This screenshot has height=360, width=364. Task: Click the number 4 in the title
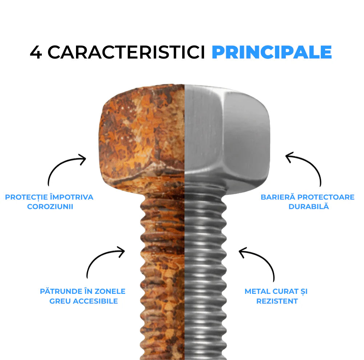tap(36, 52)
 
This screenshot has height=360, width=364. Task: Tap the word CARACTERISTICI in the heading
tap(126, 52)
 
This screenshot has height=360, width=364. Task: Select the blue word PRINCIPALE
tap(272, 52)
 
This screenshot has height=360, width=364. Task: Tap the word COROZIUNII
tap(50, 207)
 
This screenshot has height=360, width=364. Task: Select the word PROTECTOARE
tap(326, 197)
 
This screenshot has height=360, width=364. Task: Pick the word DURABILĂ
tap(308, 206)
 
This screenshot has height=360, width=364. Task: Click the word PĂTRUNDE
tap(59, 291)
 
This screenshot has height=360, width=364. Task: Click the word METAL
tap(257, 291)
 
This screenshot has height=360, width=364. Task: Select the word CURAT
tap(285, 291)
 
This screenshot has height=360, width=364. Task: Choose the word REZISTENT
tap(277, 301)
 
